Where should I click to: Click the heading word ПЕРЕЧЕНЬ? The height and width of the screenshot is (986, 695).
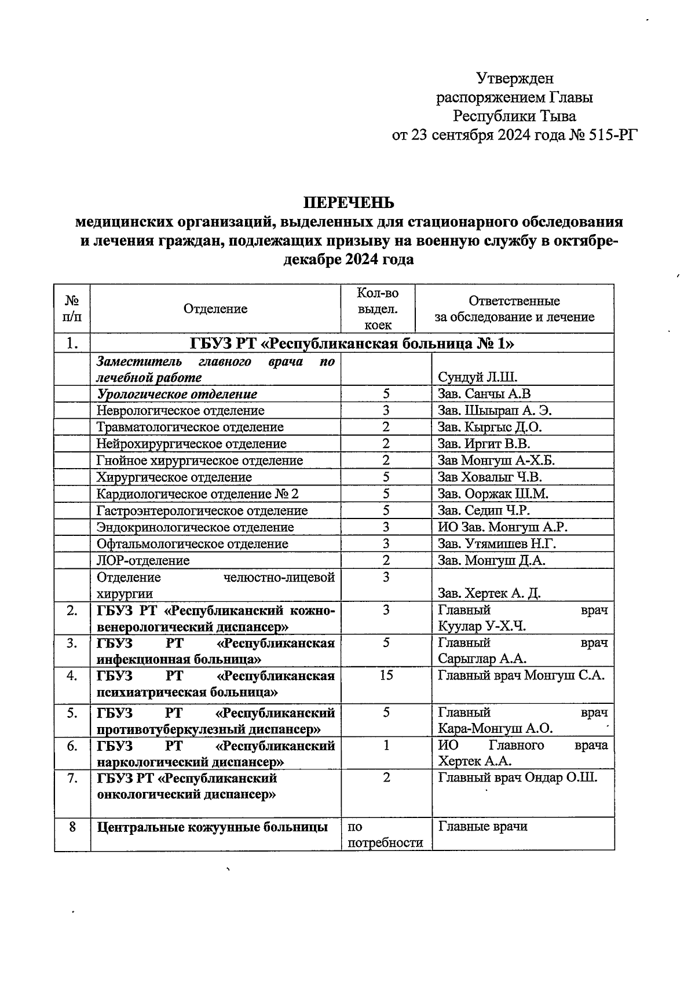click(x=349, y=203)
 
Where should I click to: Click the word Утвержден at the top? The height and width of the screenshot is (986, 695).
click(x=515, y=78)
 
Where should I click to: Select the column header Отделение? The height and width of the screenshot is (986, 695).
click(x=215, y=309)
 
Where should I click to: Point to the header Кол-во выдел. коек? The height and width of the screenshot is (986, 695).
click(x=378, y=309)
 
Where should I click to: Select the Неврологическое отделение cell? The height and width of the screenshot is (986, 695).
click(x=181, y=411)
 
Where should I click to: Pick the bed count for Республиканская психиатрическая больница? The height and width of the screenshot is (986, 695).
click(x=386, y=675)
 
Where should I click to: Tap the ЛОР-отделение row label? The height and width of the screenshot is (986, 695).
click(x=143, y=561)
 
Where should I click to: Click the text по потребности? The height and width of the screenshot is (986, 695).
click(x=385, y=835)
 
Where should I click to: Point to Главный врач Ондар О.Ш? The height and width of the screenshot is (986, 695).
click(x=517, y=777)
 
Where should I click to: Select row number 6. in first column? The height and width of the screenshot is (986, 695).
click(x=72, y=746)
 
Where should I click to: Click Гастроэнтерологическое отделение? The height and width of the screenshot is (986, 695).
click(x=202, y=511)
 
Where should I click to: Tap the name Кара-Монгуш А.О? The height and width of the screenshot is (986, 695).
click(x=495, y=729)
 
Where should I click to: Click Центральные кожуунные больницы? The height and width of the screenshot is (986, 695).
click(x=212, y=827)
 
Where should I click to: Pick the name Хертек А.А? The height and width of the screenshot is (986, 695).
click(x=474, y=761)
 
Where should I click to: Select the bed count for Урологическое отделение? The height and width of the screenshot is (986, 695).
click(x=386, y=394)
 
